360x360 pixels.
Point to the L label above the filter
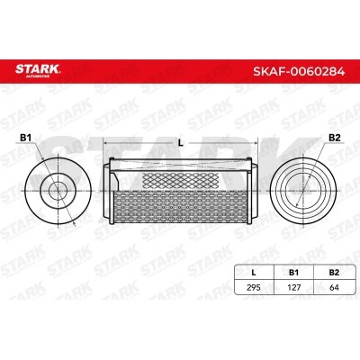click(x=181, y=141)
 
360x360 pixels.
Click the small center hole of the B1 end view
click(x=60, y=190)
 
